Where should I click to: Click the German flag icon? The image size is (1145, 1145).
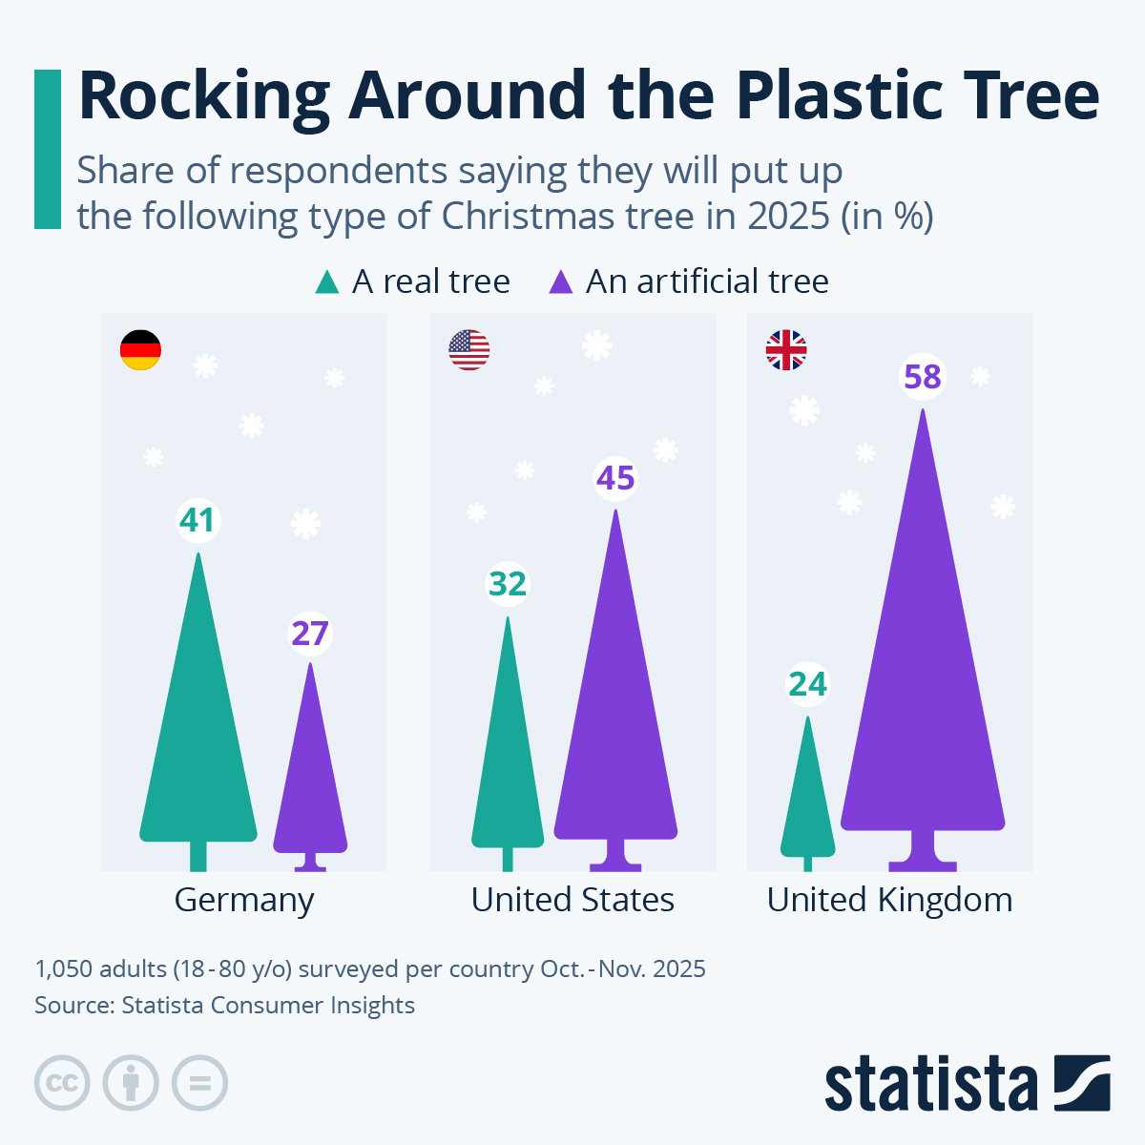point(140,350)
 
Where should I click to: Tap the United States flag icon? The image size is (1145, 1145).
point(468,350)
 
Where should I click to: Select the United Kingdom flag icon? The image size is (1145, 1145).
point(786,350)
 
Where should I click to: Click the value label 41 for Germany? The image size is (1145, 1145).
point(198,521)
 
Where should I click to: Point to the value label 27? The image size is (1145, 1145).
point(310,634)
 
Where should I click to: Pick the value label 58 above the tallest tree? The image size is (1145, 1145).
point(923,378)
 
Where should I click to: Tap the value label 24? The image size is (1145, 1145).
point(807,684)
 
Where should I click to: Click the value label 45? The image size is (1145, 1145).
point(615,478)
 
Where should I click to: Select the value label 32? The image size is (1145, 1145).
point(508,583)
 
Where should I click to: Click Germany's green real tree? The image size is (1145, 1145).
point(198,744)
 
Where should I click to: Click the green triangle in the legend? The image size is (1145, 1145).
point(327,282)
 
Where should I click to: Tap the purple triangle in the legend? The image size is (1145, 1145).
point(561,282)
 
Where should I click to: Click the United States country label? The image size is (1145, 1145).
point(572,900)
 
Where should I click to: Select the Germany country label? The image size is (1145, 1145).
point(244,900)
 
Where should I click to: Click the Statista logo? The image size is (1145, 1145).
point(967,1083)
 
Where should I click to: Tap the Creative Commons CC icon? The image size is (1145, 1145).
point(62,1083)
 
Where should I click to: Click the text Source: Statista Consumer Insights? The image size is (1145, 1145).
point(224,1005)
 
